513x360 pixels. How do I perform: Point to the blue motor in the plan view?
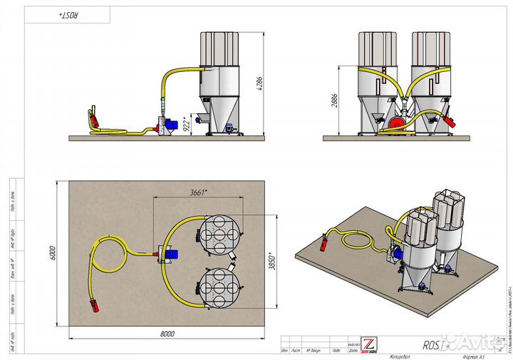click(x=171, y=253)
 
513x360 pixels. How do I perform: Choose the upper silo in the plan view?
click(x=219, y=233)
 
